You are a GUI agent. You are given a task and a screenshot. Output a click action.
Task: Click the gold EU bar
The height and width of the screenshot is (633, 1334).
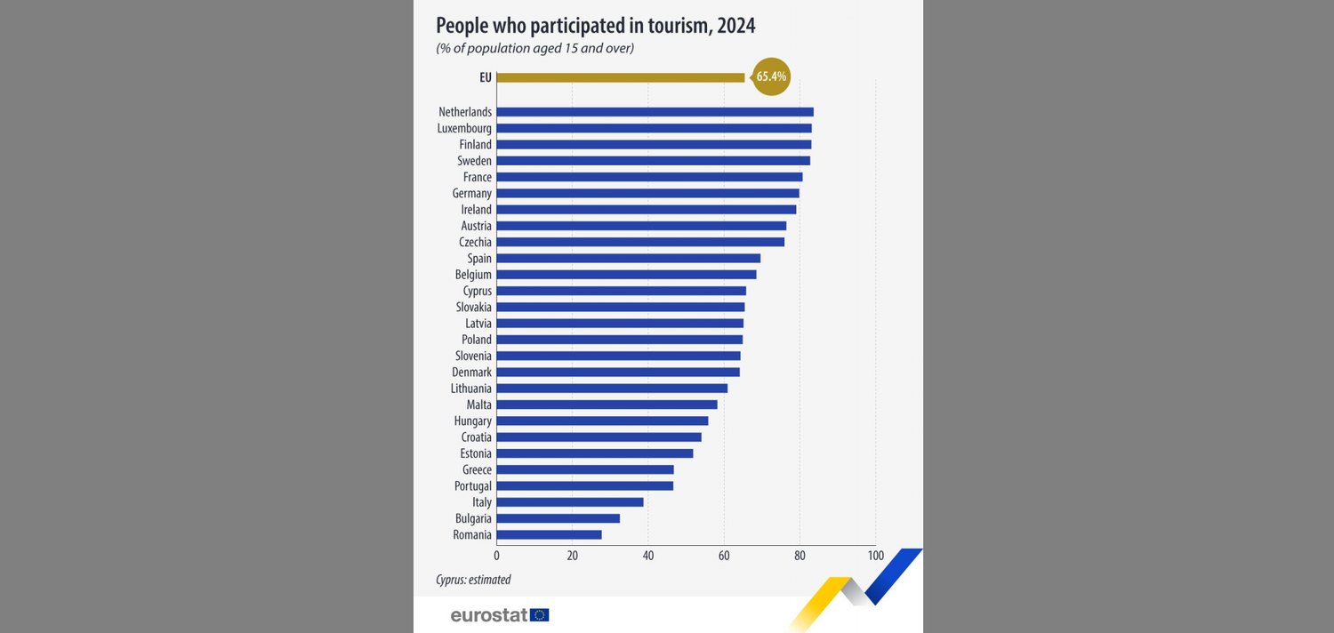[x=620, y=77]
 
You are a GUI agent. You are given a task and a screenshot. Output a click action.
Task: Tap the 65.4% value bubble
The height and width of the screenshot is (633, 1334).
[x=771, y=77]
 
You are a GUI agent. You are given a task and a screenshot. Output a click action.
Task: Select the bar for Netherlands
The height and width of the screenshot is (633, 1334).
[x=655, y=112]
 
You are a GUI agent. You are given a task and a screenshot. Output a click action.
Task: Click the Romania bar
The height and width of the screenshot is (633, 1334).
[x=549, y=535]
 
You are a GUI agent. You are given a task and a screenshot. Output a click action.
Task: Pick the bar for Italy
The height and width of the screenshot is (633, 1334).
[x=569, y=502]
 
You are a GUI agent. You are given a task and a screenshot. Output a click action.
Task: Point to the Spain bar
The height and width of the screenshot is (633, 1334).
[x=628, y=259]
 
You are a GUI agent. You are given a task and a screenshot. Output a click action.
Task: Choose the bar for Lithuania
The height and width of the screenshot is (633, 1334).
[x=612, y=389]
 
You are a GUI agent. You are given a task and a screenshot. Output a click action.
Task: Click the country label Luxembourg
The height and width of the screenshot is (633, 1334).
[x=464, y=129]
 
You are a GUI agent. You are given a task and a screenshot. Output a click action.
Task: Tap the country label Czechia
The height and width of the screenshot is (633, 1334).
[x=475, y=243]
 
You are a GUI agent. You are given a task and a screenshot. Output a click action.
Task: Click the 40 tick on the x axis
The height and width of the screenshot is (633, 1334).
[x=648, y=556]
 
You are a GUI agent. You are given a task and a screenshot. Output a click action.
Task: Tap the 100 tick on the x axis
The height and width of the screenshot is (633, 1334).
[x=875, y=556]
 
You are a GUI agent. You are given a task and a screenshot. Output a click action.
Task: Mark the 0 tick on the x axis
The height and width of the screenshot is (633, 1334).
[x=496, y=556]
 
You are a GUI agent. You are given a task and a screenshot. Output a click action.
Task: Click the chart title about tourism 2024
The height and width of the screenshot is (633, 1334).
[x=595, y=26]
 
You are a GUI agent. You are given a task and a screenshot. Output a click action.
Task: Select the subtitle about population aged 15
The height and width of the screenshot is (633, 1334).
[x=534, y=49]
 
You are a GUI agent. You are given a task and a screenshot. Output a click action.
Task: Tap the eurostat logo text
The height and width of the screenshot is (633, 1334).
[x=489, y=615]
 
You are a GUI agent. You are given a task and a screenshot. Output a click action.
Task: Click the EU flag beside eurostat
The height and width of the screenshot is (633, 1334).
[x=540, y=615]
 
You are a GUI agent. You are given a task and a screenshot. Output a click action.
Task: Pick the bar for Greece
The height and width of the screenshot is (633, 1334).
[x=584, y=469]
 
